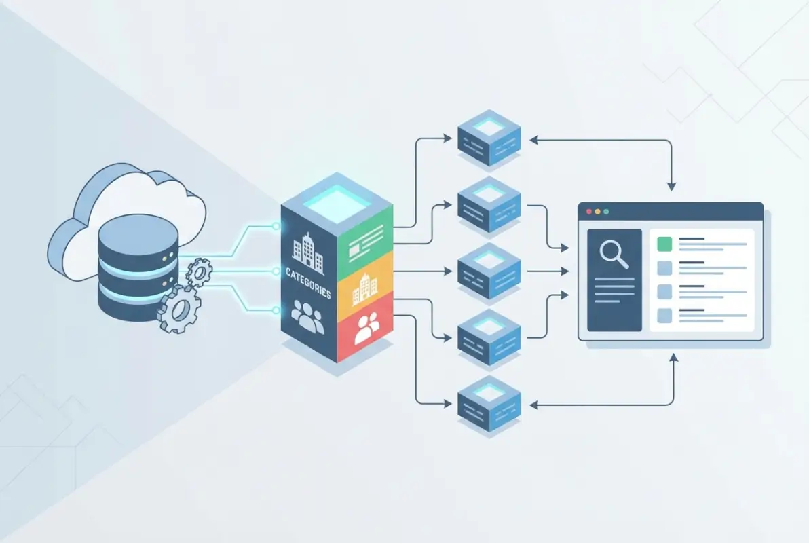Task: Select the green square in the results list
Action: pyautogui.click(x=664, y=243)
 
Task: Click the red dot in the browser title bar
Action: pyautogui.click(x=588, y=211)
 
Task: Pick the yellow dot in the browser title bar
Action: pyautogui.click(x=597, y=211)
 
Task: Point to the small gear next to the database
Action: pyautogui.click(x=199, y=272)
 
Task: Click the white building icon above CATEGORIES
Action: pyautogui.click(x=307, y=252)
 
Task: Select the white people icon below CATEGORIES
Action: pyautogui.click(x=307, y=318)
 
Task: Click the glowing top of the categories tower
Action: pyautogui.click(x=337, y=197)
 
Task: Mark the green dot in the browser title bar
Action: pyautogui.click(x=606, y=211)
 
